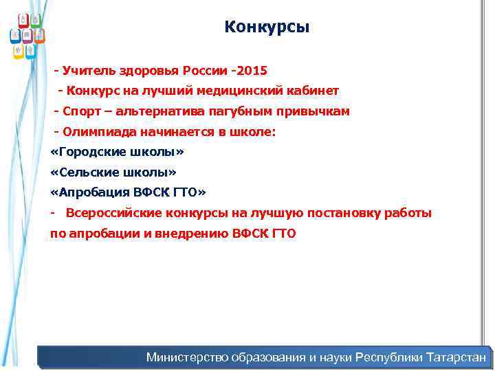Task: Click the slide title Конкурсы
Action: [267, 27]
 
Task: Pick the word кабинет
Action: [313, 91]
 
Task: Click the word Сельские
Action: [87, 172]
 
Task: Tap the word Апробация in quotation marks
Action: [89, 192]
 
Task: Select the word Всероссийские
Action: [118, 213]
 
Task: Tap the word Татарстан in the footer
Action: [456, 357]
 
